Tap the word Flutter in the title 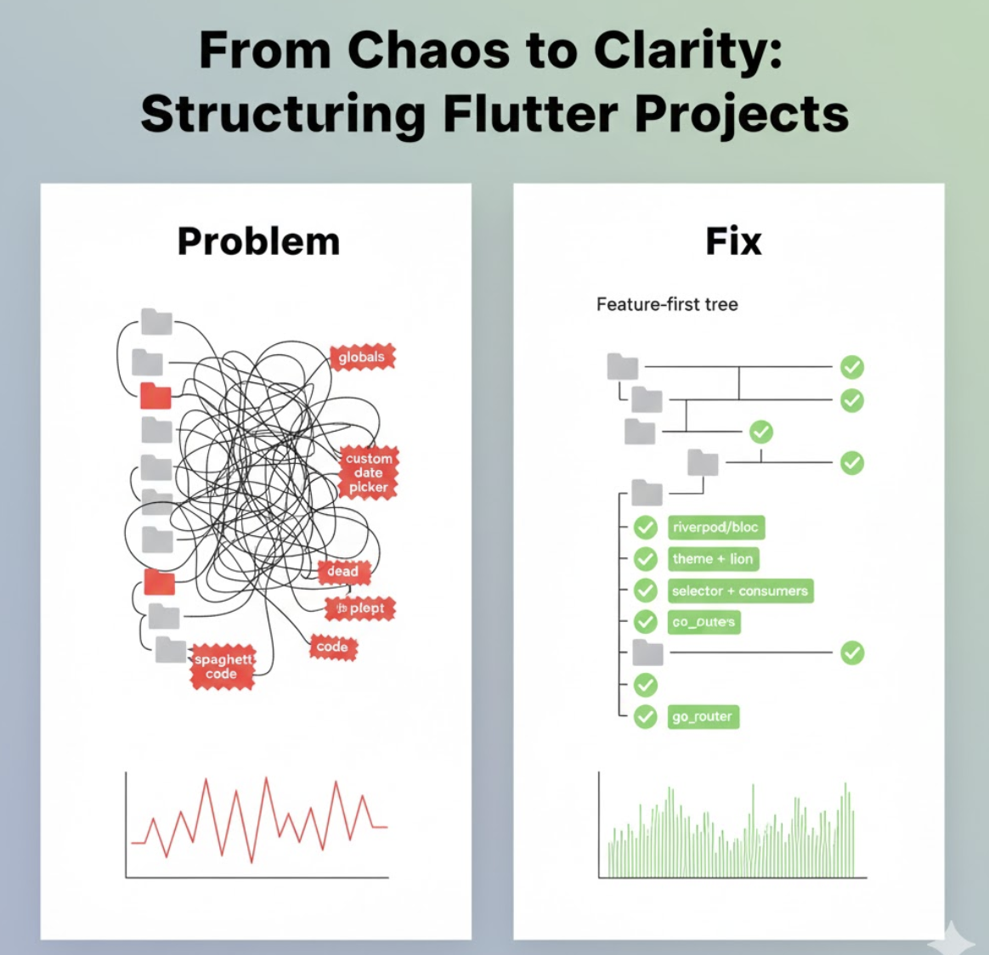(x=531, y=113)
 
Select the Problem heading (x=258, y=241)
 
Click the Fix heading (x=733, y=241)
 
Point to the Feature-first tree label (x=667, y=304)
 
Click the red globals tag (x=361, y=358)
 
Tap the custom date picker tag (x=368, y=472)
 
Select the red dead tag (x=342, y=571)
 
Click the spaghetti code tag (x=223, y=666)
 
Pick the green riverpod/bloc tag (x=715, y=527)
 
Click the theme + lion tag (x=712, y=559)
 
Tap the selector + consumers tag (x=739, y=591)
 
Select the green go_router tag (x=702, y=716)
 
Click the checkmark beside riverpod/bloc (x=646, y=528)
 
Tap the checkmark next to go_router (x=646, y=716)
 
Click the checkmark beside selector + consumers (x=646, y=591)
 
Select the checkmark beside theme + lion (x=646, y=559)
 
